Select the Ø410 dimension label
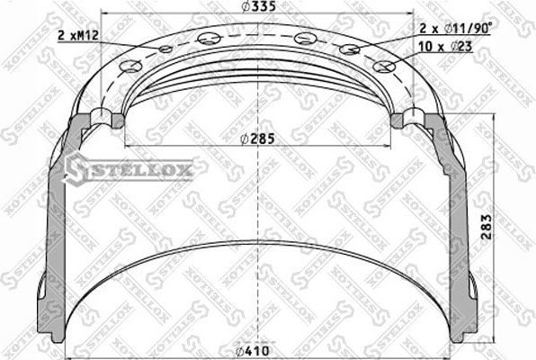pos(261,351)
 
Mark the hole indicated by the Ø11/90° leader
pos(352,49)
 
